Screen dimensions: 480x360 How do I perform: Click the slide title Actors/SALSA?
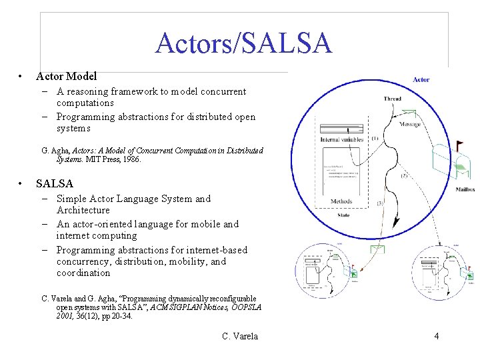(243, 43)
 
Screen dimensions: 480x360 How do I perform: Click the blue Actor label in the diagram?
(421, 79)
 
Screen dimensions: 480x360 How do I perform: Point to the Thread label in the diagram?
(393, 99)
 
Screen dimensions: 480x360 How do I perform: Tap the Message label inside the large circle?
(410, 125)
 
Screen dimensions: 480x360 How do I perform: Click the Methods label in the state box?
(341, 201)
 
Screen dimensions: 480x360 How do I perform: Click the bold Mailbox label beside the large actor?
(465, 190)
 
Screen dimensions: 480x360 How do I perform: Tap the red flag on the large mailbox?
(459, 143)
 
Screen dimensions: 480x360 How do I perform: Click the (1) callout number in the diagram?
(375, 139)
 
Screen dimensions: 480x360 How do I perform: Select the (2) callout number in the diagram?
(405, 175)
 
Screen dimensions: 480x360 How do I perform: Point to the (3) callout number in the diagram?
(380, 203)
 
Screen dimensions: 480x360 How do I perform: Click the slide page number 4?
(436, 336)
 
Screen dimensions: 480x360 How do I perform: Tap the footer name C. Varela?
(240, 336)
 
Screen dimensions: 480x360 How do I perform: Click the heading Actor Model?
(67, 77)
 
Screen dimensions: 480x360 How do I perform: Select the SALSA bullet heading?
(55, 183)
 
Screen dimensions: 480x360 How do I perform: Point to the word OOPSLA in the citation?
(243, 307)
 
